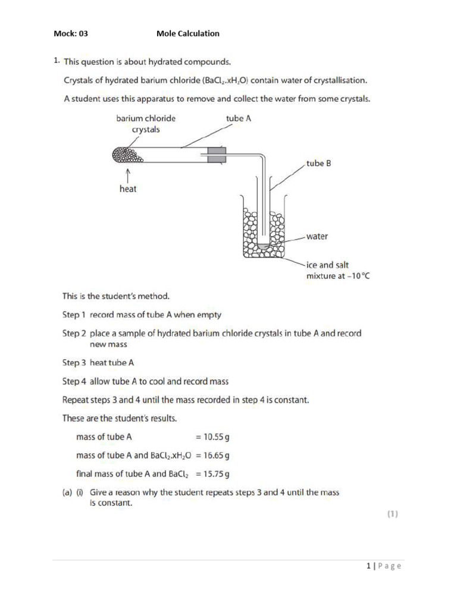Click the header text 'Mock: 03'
tap(71, 34)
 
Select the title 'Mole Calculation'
tap(187, 34)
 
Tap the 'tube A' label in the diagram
tap(239, 118)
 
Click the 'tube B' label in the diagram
tap(318, 164)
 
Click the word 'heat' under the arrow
tap(128, 189)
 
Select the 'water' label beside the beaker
tap(317, 236)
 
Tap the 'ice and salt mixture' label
tap(337, 271)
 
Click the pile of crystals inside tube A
tap(127, 155)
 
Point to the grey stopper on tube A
tap(215, 155)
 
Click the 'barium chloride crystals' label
tap(146, 124)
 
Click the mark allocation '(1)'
tap(392, 515)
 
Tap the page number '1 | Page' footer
tap(384, 566)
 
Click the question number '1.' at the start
tap(57, 61)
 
